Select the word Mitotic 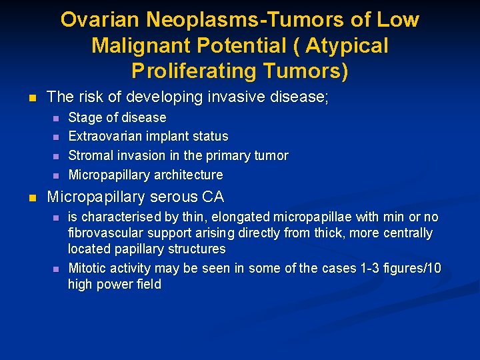tap(87, 269)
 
